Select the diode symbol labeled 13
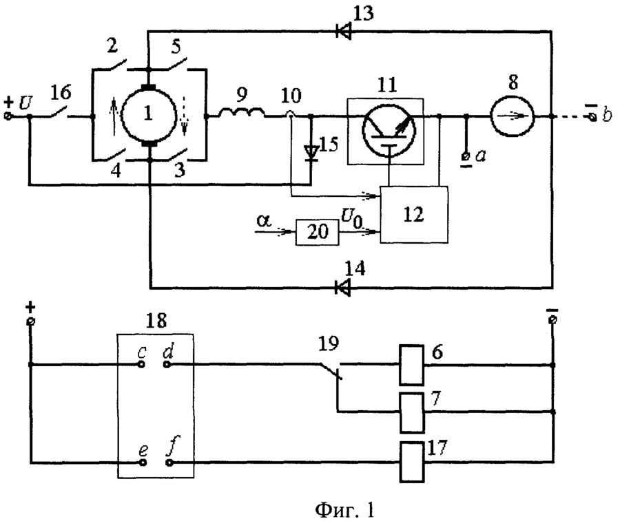click(343, 31)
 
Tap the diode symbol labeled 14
click(342, 288)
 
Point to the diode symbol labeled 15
click(311, 153)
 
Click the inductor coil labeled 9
click(241, 114)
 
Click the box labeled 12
click(414, 215)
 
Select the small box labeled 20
click(317, 232)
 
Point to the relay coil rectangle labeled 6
click(411, 365)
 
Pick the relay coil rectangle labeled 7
click(412, 413)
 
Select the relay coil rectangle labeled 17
click(412, 462)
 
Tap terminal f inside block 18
click(169, 462)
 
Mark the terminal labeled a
click(466, 157)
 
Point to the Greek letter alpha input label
click(264, 220)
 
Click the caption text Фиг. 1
click(344, 510)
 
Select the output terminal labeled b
click(592, 116)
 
